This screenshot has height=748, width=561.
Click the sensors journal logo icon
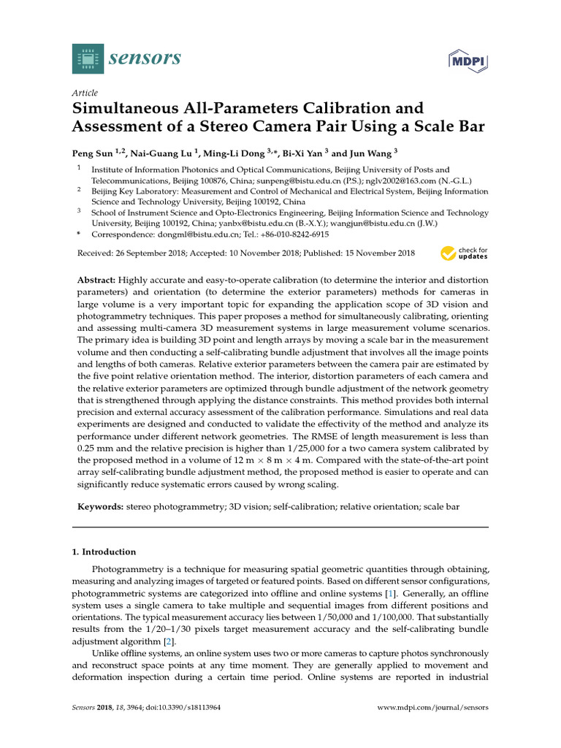click(x=88, y=58)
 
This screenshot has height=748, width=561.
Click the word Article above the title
click(x=85, y=93)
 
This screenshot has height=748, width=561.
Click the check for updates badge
click(x=464, y=253)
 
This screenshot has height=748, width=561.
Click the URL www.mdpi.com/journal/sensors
click(x=432, y=708)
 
